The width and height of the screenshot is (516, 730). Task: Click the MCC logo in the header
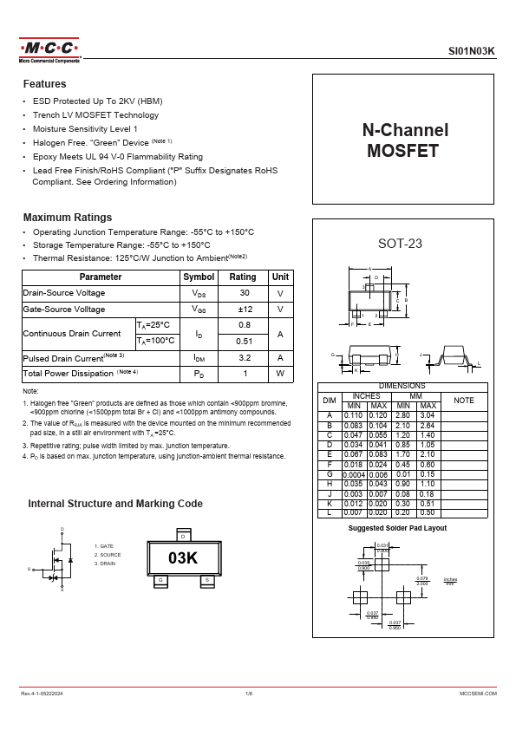pyautogui.click(x=49, y=49)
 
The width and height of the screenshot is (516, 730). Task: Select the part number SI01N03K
pyautogui.click(x=472, y=52)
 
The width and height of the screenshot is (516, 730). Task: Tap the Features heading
pyautogui.click(x=44, y=84)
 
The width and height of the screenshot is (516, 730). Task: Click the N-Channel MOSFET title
pyautogui.click(x=404, y=140)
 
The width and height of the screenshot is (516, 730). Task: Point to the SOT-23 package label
pyautogui.click(x=400, y=244)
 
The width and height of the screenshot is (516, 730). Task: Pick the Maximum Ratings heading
pyautogui.click(x=67, y=217)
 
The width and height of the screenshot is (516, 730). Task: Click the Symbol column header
pyautogui.click(x=199, y=277)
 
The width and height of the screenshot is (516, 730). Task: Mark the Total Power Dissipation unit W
pyautogui.click(x=280, y=374)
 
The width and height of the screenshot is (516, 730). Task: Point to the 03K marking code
pyautogui.click(x=183, y=557)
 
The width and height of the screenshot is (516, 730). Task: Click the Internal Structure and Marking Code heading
pyautogui.click(x=115, y=504)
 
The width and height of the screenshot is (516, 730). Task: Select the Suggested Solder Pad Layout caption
pyautogui.click(x=397, y=528)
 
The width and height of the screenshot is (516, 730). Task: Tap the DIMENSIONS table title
pyautogui.click(x=401, y=386)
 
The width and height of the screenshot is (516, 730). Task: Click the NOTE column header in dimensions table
pyautogui.click(x=464, y=401)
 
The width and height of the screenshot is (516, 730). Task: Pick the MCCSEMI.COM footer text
pyautogui.click(x=477, y=694)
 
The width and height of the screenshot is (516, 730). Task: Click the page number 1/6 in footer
pyautogui.click(x=250, y=694)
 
